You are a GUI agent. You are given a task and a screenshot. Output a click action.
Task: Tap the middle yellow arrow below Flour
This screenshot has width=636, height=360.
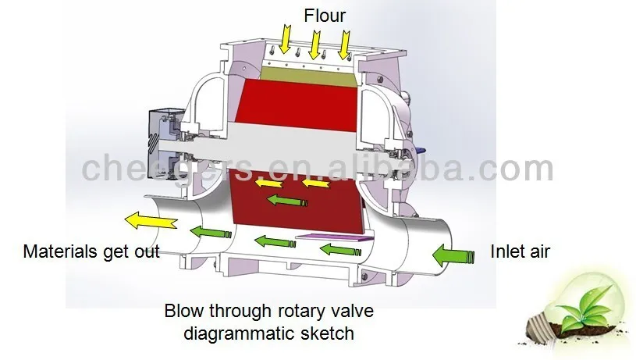pos(315,43)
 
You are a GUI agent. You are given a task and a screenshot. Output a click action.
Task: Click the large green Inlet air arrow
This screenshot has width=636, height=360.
pos(453,254)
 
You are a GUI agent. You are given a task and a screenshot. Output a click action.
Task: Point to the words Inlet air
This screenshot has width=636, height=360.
pos(520,251)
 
